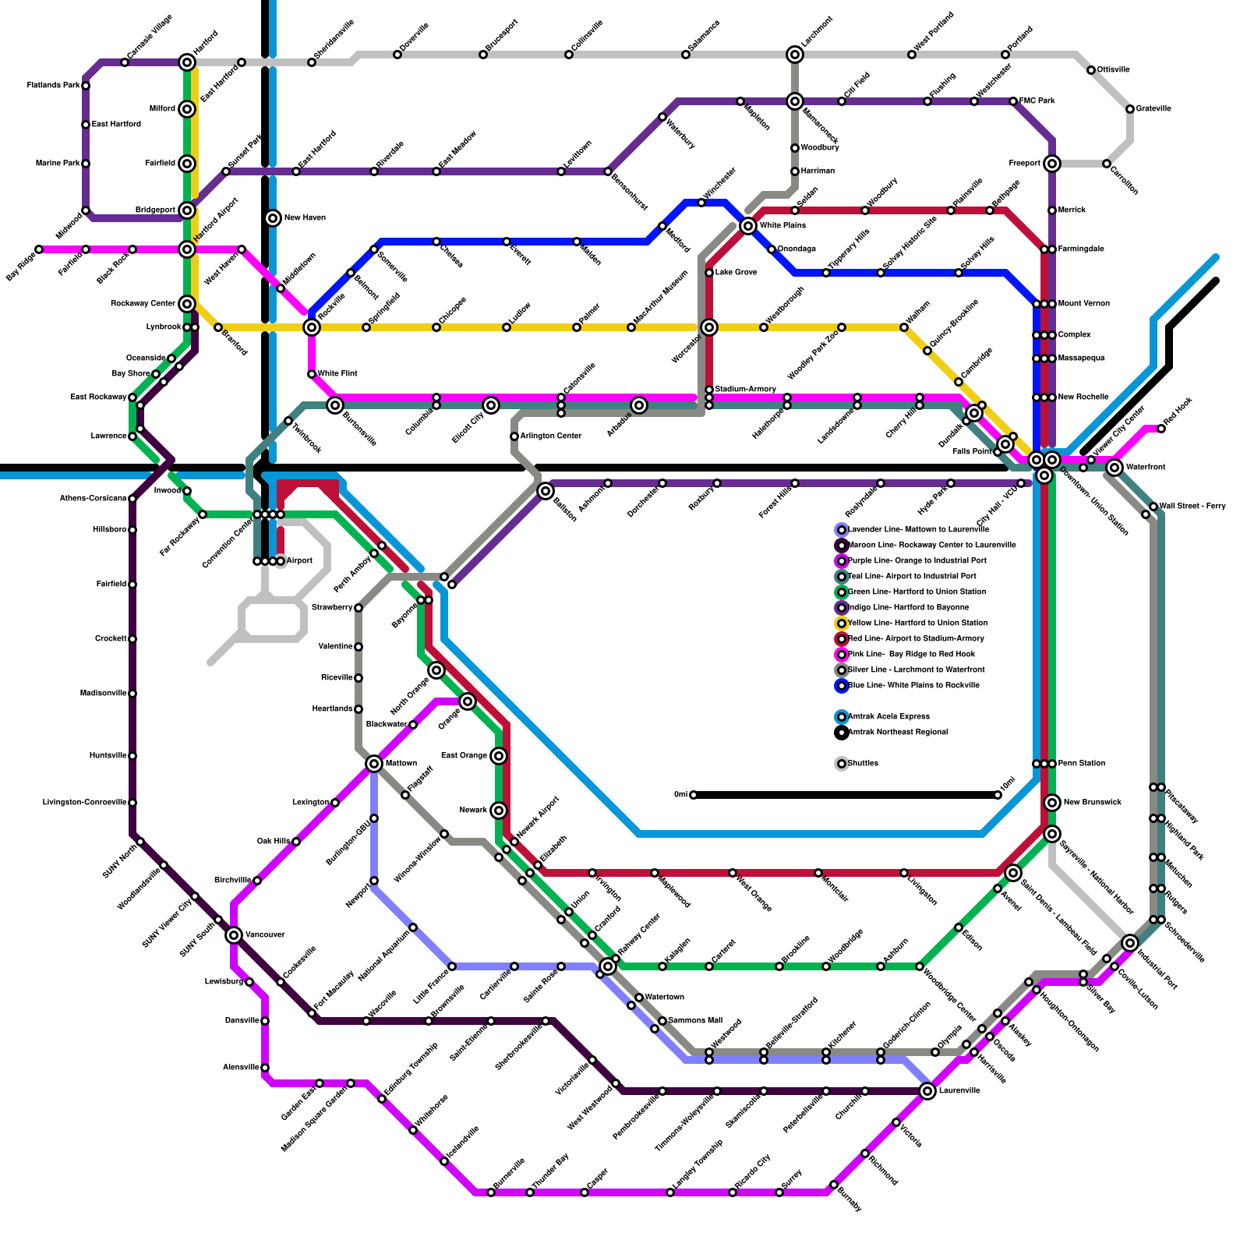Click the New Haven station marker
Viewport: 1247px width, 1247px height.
click(273, 218)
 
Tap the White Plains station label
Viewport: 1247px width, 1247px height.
click(782, 226)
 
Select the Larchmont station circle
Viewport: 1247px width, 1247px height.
click(795, 55)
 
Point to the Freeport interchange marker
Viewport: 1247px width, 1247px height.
click(1052, 164)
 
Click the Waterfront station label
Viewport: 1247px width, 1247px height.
click(1146, 468)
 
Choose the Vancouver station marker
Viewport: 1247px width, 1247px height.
click(234, 935)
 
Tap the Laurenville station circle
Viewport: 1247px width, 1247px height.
click(927, 1091)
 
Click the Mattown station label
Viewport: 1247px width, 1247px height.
click(401, 764)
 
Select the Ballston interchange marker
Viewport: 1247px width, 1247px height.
click(546, 491)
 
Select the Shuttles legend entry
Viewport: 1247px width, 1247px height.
click(863, 764)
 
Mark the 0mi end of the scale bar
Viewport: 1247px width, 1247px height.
click(694, 795)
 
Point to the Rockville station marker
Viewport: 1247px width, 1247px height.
click(312, 327)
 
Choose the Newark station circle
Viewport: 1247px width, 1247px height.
click(499, 811)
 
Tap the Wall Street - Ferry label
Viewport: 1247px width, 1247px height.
click(1192, 507)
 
